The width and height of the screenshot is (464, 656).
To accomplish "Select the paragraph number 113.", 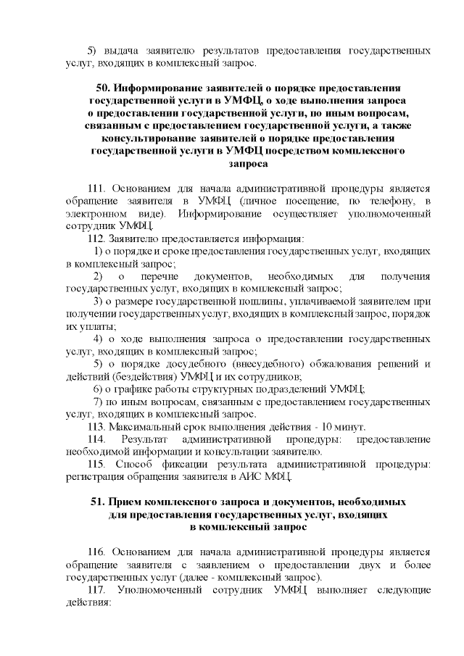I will coord(97,426).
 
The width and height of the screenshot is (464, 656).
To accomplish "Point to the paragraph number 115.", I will coord(97,463).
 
